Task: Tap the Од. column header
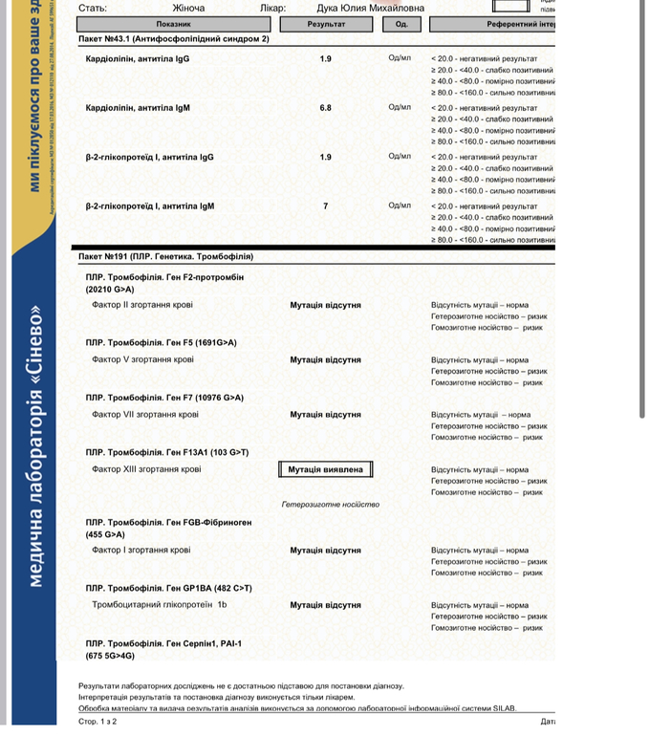pos(401,24)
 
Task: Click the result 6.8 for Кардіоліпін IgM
pos(326,108)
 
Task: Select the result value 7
pos(326,206)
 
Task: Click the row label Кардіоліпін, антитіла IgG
pos(138,59)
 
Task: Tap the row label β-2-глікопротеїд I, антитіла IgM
pos(150,206)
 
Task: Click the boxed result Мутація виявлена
pos(325,470)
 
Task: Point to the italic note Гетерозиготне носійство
pos(331,505)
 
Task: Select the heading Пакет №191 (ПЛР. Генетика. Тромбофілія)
pos(165,257)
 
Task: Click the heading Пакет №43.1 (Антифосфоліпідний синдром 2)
pos(173,39)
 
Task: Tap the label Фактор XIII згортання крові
pos(146,470)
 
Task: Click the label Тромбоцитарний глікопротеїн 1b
pos(159,605)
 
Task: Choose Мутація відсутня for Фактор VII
pos(325,415)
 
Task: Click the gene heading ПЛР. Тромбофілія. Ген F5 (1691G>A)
pos(161,342)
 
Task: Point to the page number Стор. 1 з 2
pos(97,722)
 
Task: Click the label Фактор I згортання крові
pos(141,551)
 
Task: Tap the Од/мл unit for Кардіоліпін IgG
pos(400,59)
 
